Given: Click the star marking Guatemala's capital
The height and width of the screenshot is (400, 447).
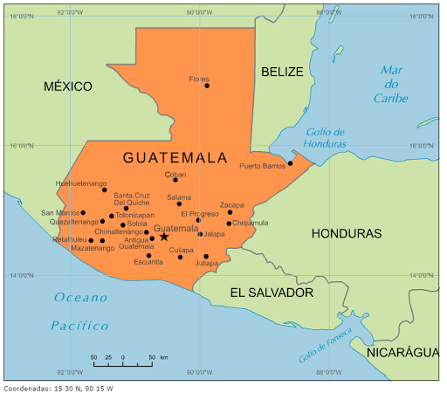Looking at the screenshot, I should point(164,237).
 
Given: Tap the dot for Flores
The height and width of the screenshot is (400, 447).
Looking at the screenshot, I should point(207,86).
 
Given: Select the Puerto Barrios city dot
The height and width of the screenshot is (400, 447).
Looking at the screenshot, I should point(290,162).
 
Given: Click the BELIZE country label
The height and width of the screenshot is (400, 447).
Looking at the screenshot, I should point(282,72).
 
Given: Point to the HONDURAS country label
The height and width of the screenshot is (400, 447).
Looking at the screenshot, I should point(347,234).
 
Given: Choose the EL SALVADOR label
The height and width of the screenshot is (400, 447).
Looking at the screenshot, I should point(272,293).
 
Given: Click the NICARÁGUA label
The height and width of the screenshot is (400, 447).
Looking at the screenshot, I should point(402,352).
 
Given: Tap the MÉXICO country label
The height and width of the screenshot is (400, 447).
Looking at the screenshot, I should point(68,86).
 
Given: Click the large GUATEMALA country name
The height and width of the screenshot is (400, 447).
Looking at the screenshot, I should point(175,158).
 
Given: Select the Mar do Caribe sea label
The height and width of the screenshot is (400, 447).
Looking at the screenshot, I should point(391,85).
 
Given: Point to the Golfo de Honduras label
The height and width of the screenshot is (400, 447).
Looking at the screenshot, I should point(325,137).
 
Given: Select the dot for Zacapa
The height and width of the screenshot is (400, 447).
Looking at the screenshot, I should point(230,212).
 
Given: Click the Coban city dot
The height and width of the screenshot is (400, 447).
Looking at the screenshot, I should point(175,180).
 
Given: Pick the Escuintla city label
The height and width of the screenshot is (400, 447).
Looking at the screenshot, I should point(148,262).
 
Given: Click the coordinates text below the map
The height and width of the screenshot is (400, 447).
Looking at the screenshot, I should point(58,389).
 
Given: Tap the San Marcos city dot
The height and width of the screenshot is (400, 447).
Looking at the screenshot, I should point(84,212).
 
